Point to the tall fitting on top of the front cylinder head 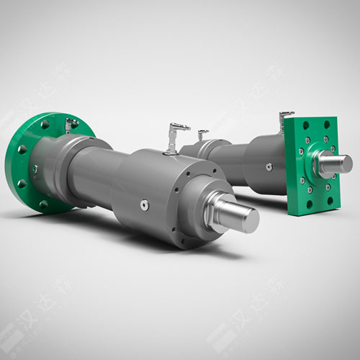coord(175,137)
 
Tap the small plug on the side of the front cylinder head coord(145,205)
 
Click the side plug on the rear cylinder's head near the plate coord(268,167)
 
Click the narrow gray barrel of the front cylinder coord(90,176)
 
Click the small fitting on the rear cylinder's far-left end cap coord(202,135)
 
